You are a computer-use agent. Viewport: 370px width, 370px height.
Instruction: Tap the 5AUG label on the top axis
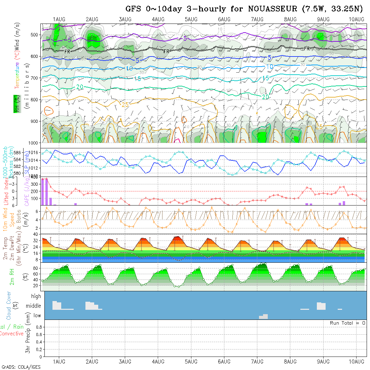click(x=191, y=20)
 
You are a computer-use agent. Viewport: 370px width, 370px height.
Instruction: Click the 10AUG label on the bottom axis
click(x=357, y=361)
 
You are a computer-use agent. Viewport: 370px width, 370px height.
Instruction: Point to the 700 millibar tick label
click(x=35, y=78)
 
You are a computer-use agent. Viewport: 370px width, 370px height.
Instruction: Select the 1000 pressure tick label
click(x=33, y=143)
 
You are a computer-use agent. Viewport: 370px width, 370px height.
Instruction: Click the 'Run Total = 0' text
click(x=347, y=323)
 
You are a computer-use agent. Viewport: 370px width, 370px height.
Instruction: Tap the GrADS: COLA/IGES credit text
click(x=21, y=367)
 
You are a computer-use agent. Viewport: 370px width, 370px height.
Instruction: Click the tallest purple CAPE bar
click(x=46, y=191)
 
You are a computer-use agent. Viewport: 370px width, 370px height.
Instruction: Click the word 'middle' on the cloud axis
click(x=33, y=306)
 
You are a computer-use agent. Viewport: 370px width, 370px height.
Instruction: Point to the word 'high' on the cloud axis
click(x=36, y=296)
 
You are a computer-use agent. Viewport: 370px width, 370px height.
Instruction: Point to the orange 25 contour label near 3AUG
click(x=125, y=105)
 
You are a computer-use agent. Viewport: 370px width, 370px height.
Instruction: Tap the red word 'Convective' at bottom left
click(x=11, y=334)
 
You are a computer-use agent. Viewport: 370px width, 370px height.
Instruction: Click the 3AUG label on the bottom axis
click(x=125, y=361)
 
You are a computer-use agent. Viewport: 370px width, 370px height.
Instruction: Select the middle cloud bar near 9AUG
click(x=321, y=306)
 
